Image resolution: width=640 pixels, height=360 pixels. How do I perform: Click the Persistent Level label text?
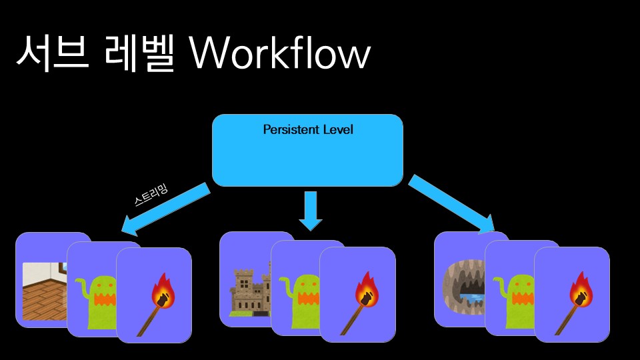[308, 129]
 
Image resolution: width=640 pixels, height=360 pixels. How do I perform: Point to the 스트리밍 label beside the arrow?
[151, 197]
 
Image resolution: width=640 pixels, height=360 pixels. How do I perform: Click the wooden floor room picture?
[44, 291]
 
